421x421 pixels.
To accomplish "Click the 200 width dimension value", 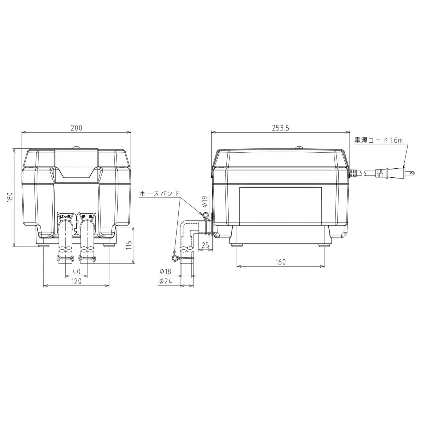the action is pos(77,128).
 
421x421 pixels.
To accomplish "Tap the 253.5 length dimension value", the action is pos(281,128).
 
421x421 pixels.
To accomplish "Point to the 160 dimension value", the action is pos(281,262).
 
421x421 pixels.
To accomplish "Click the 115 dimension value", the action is pos(128,245).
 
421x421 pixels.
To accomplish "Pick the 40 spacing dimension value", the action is pos(76,271).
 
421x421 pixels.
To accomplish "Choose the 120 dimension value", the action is pos(76,281).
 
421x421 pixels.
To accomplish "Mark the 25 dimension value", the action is pos(205,245).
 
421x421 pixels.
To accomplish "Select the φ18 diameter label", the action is pos(166,271).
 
